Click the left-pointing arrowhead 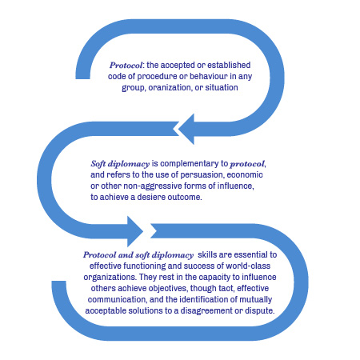point(186,129)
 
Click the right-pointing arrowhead point(134,231)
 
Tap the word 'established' point(229,65)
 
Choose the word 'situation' point(222,87)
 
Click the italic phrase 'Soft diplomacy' point(120,164)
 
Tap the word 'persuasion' point(198,175)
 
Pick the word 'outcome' point(185,197)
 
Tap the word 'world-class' point(248,266)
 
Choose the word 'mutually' point(256,299)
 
